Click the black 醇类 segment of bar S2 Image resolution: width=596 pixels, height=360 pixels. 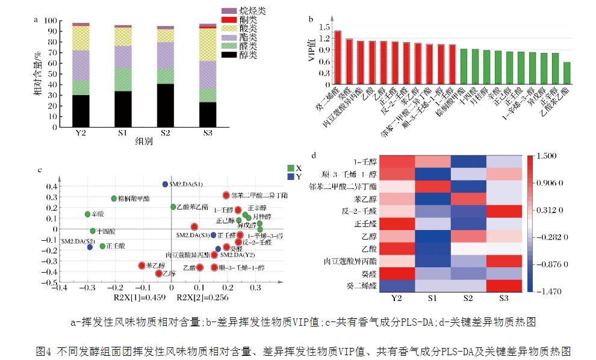166,105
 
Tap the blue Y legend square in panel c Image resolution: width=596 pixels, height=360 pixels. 291,177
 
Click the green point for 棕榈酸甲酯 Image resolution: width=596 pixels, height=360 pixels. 114,199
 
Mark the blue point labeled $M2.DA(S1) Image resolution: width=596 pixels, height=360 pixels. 165,184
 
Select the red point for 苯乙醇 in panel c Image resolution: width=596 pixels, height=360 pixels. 141,265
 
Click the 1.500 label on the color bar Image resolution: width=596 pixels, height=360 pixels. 550,157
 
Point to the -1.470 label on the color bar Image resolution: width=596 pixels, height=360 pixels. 550,291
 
